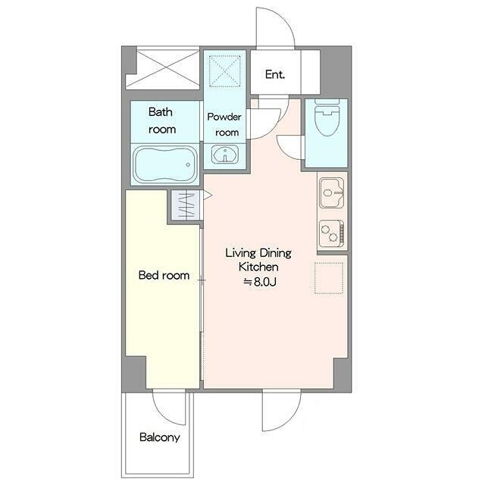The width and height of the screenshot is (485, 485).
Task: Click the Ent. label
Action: [274, 74]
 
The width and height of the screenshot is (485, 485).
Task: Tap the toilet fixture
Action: [327, 117]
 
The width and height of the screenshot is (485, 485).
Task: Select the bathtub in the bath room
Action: [165, 164]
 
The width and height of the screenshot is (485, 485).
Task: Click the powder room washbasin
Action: [225, 155]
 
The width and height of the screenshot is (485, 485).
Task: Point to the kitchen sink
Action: [332, 192]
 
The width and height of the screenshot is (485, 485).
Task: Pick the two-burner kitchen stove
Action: [332, 233]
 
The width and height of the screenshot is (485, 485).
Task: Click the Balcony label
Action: [160, 437]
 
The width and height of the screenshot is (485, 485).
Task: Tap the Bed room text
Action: [164, 275]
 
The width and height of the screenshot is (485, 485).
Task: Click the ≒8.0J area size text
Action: [260, 282]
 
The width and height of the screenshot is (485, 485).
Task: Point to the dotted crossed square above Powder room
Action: [225, 71]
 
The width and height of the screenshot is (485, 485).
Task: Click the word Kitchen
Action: [258, 267]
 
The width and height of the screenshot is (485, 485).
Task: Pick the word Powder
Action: [224, 117]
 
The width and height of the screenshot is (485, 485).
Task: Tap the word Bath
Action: [160, 111]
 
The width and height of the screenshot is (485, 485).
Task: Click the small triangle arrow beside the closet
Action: [207, 196]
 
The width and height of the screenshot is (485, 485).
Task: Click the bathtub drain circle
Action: [188, 165]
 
